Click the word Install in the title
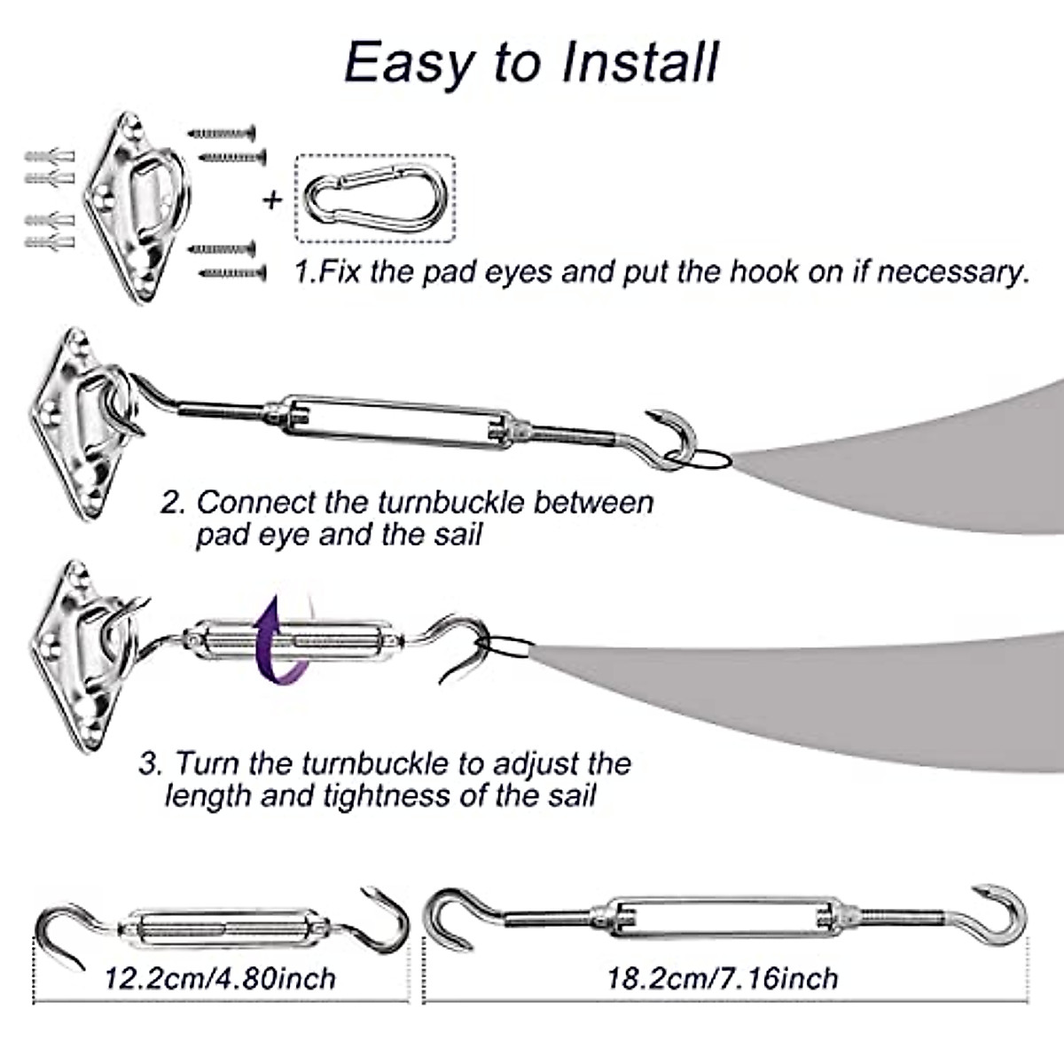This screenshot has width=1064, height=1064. click(x=640, y=62)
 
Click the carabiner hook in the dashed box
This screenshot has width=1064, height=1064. click(x=374, y=199)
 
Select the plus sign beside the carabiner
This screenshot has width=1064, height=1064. click(x=272, y=199)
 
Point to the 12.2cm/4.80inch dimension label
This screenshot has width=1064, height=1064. click(x=221, y=978)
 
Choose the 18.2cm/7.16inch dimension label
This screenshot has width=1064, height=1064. click(x=723, y=978)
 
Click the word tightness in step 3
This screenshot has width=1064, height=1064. click(x=387, y=794)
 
